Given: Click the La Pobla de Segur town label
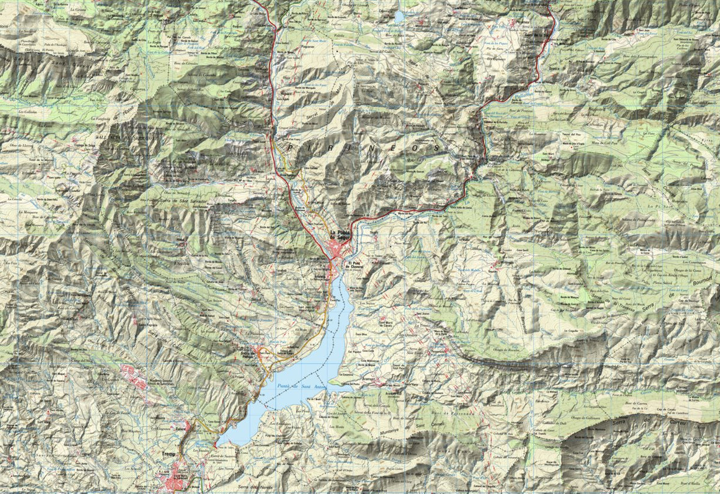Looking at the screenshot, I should pos(340,236).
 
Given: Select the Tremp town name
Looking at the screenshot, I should pos(168,453).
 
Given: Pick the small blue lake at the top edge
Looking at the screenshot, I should pos(399,17).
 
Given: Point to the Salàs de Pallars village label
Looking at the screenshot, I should pos(262,354).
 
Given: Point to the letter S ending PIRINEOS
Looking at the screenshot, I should pos(437,148).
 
